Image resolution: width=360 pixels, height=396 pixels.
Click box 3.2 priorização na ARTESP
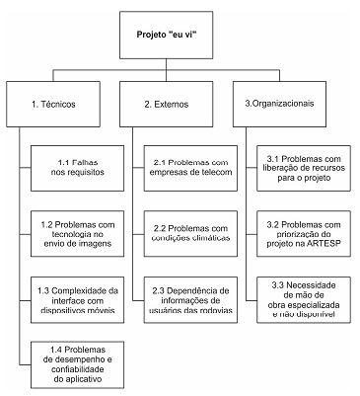coord(306,233)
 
